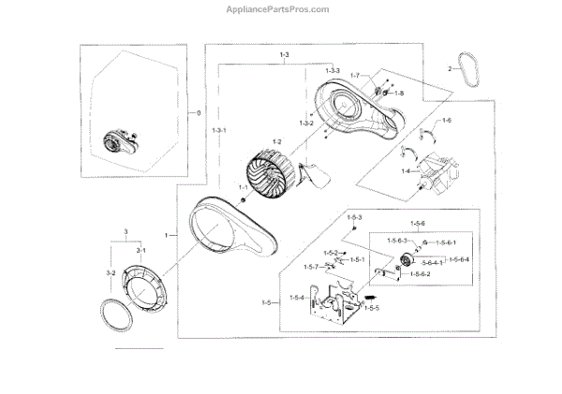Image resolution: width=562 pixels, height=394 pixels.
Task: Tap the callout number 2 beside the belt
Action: click(450, 68)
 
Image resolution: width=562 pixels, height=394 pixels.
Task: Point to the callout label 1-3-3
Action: click(333, 72)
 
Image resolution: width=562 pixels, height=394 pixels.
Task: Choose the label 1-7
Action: click(355, 75)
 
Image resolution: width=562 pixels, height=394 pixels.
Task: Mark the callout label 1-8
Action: click(398, 94)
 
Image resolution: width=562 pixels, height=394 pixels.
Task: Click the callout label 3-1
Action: click(141, 251)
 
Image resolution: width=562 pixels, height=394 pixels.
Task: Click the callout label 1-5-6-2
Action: click(418, 274)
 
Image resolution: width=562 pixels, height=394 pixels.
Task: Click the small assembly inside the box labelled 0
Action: click(117, 142)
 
